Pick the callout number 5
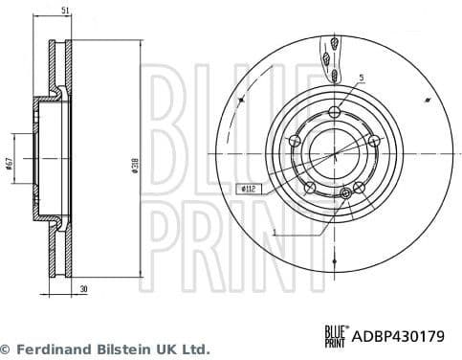[361, 78]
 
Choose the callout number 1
[274, 231]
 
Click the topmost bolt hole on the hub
[333, 114]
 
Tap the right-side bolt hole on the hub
[374, 143]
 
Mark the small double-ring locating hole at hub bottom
[346, 193]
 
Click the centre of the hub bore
[333, 152]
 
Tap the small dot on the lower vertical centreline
[333, 259]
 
